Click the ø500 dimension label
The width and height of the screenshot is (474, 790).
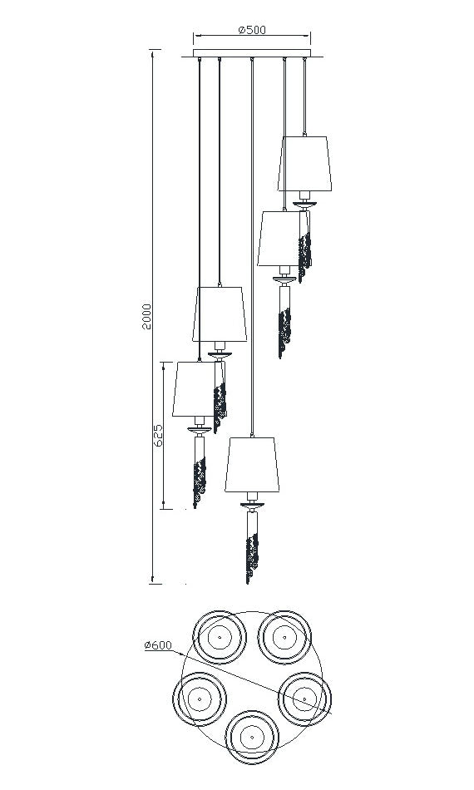(x=251, y=30)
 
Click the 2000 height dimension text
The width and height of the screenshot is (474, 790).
(x=146, y=316)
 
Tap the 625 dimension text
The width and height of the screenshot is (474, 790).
(x=158, y=436)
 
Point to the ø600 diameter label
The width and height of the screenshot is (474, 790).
(x=158, y=645)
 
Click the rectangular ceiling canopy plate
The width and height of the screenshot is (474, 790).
(x=252, y=53)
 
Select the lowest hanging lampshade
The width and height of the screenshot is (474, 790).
(x=252, y=465)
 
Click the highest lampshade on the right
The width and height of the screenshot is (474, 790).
(x=304, y=164)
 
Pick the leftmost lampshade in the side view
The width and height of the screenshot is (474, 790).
(x=194, y=389)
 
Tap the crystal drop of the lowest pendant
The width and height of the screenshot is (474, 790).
(x=251, y=556)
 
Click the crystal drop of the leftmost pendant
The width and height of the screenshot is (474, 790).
(x=199, y=481)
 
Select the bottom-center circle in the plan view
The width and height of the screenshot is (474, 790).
(x=251, y=737)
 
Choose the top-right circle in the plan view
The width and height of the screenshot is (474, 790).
(x=284, y=637)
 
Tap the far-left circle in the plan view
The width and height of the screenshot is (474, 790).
(x=200, y=699)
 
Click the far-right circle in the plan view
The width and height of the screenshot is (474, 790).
(x=304, y=699)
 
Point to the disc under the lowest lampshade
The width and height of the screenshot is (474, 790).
(x=252, y=504)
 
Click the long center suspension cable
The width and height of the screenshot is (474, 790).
(x=252, y=247)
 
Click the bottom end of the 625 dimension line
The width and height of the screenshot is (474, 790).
(x=164, y=509)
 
